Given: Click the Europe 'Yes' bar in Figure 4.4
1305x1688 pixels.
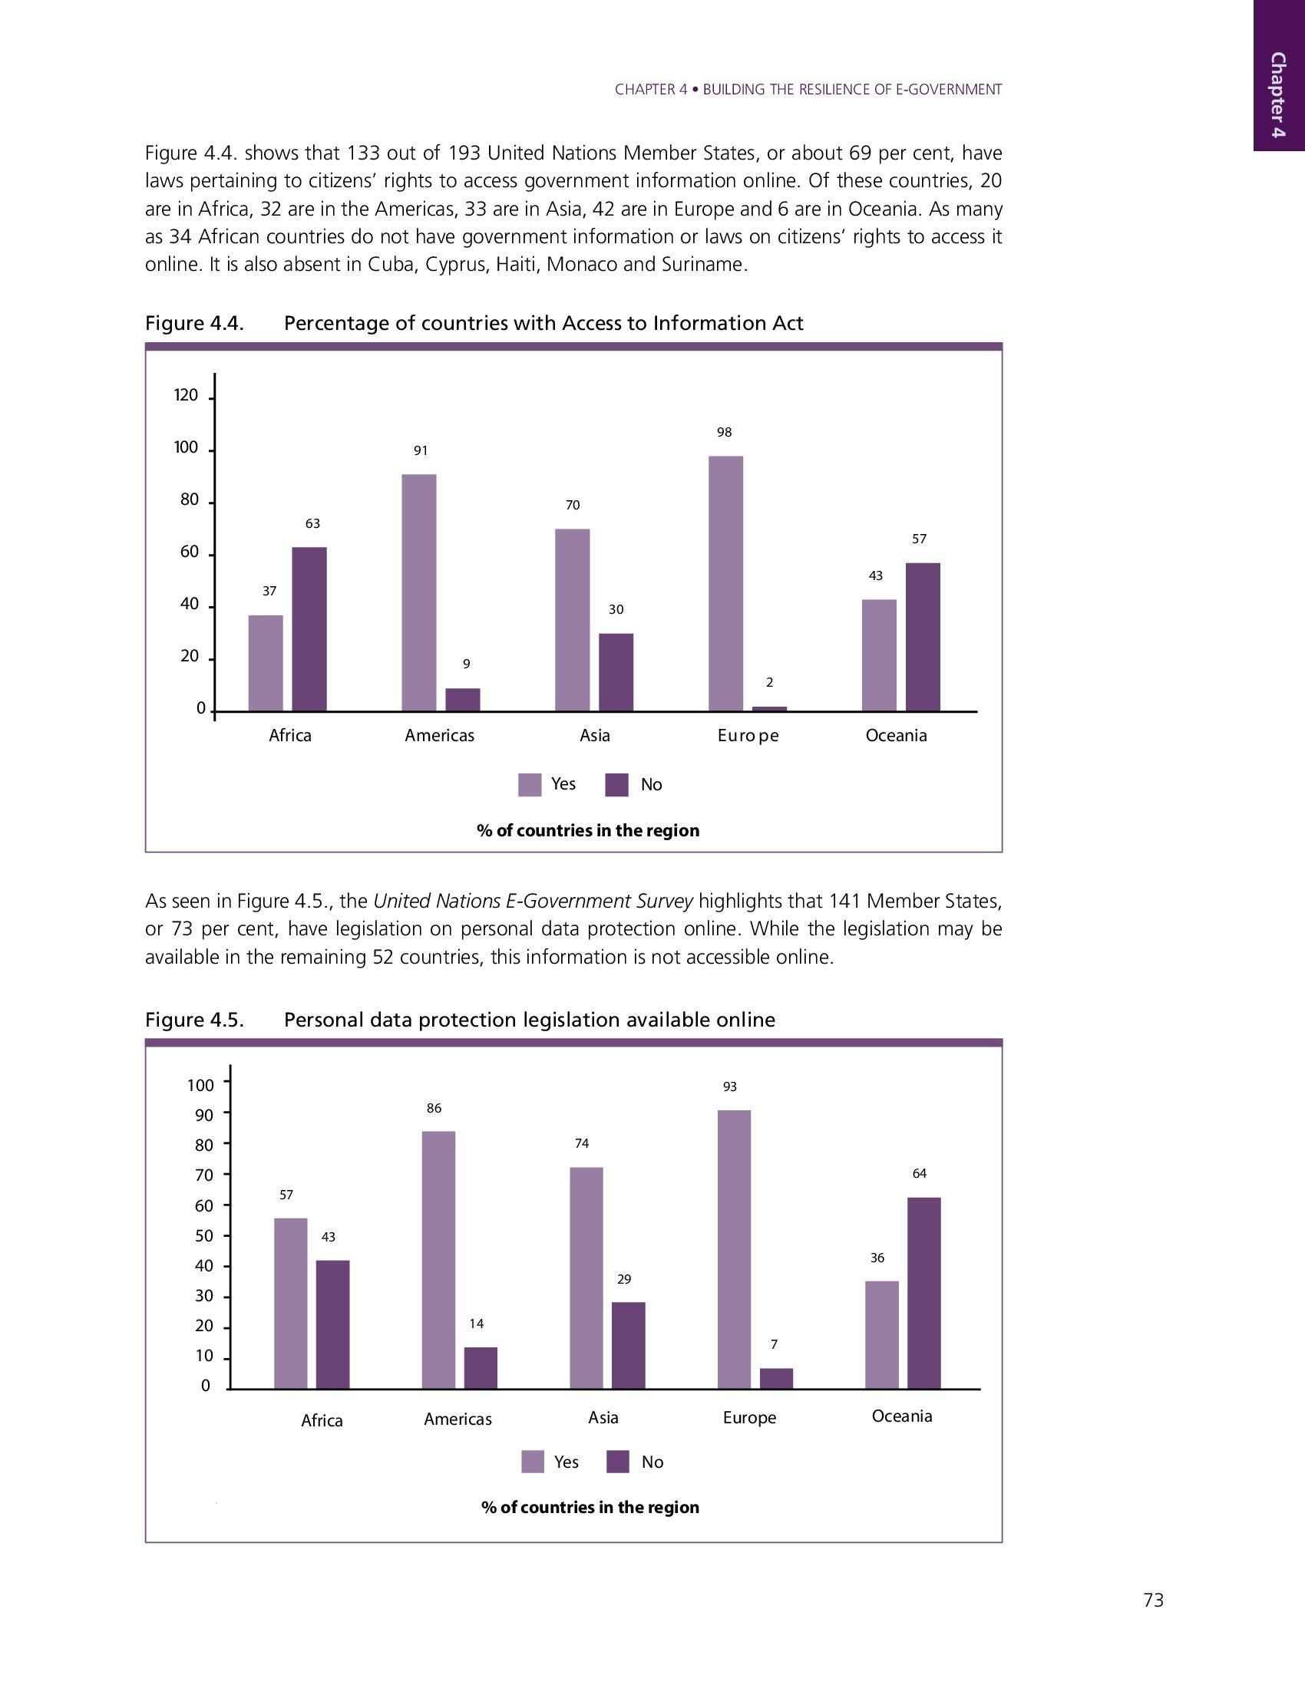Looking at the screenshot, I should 725,583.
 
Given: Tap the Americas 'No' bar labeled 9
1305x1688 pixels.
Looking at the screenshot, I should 462,699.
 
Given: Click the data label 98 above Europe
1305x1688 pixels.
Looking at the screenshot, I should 724,432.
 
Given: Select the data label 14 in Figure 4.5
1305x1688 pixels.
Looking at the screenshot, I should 476,1324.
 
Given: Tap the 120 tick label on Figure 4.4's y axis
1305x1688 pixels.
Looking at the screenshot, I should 186,396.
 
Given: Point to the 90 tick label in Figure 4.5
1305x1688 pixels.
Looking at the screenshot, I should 204,1116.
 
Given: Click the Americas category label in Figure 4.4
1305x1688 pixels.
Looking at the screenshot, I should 439,735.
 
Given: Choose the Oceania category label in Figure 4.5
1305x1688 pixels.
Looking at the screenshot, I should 901,1416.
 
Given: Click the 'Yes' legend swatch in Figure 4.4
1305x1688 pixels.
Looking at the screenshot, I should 530,784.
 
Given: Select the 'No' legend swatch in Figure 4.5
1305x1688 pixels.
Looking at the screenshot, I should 617,1462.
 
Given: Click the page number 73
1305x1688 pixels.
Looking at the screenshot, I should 1153,1600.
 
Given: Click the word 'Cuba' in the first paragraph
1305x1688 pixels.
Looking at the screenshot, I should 387,265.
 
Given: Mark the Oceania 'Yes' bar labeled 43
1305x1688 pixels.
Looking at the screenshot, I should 878,654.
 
